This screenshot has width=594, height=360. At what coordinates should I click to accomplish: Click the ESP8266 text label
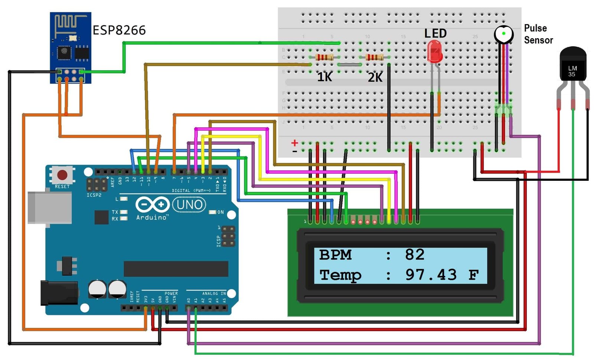pyautogui.click(x=119, y=30)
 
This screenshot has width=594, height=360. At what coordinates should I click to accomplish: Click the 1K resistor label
pyautogui.click(x=324, y=77)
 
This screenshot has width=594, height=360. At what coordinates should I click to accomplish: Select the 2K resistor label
pyautogui.click(x=375, y=77)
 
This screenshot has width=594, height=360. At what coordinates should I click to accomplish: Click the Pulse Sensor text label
pyautogui.click(x=538, y=34)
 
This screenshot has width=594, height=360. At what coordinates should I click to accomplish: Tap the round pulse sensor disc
pyautogui.click(x=503, y=34)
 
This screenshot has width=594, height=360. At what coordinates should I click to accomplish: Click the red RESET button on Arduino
pyautogui.click(x=62, y=174)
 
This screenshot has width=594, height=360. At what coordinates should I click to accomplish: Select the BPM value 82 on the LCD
pyautogui.click(x=414, y=255)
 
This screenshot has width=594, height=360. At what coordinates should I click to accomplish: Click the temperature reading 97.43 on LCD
pyautogui.click(x=431, y=275)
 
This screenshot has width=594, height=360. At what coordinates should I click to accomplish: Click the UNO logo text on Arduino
pyautogui.click(x=189, y=204)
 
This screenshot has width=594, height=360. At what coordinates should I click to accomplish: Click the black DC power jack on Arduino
pyautogui.click(x=59, y=293)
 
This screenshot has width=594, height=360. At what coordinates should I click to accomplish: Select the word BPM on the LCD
pyautogui.click(x=335, y=255)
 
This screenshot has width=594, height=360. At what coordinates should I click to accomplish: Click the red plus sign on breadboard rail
pyautogui.click(x=294, y=143)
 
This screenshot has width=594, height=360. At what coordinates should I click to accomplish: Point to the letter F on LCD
pyautogui.click(x=473, y=275)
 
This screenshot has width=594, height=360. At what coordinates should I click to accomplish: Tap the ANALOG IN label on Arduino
pyautogui.click(x=214, y=294)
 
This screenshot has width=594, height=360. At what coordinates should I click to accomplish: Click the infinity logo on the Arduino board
pyautogui.click(x=152, y=204)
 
